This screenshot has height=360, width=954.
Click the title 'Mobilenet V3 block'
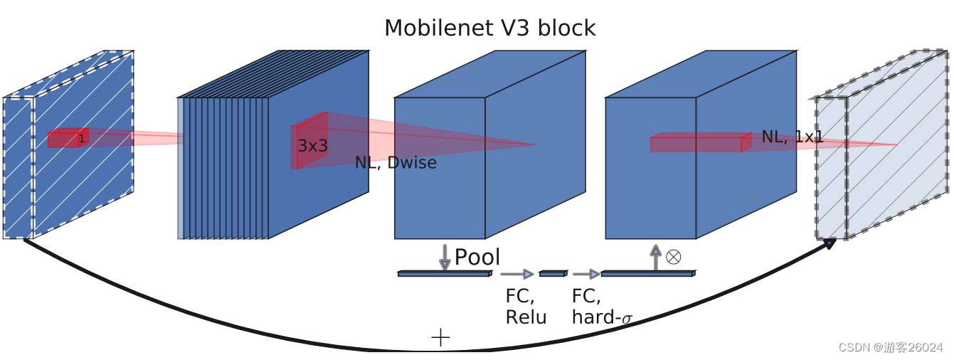tap(489, 28)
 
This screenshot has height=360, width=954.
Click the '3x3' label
tap(312, 146)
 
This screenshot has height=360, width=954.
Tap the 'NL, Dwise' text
tap(396, 163)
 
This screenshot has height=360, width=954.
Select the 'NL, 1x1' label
tap(792, 137)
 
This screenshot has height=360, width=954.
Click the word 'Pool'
tap(477, 257)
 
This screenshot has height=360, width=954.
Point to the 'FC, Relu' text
tap(525, 307)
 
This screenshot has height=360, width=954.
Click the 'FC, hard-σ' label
tap(601, 307)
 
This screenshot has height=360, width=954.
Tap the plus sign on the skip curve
tap(440, 337)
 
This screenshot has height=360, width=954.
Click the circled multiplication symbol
tap(673, 257)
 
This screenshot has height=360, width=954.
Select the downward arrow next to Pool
tap(445, 257)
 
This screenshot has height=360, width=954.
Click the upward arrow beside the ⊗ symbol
tap(655, 257)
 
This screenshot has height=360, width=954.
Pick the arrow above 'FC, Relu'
tap(517, 274)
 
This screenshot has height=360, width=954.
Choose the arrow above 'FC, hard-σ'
tap(586, 274)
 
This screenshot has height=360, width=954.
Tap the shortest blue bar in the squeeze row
tap(553, 273)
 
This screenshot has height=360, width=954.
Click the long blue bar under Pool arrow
tap(445, 273)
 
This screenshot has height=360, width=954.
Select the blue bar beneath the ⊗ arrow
tap(647, 273)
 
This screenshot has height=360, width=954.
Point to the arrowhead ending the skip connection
tap(830, 243)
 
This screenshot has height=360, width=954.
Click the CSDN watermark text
tap(890, 347)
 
